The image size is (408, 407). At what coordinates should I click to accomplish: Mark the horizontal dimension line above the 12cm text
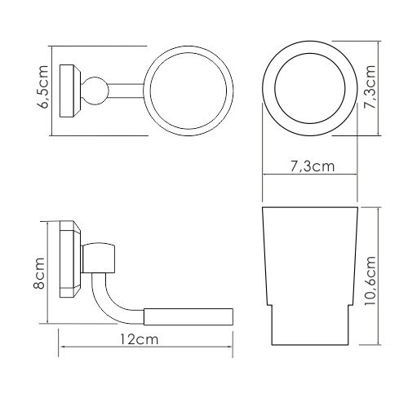click(x=145, y=350)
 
